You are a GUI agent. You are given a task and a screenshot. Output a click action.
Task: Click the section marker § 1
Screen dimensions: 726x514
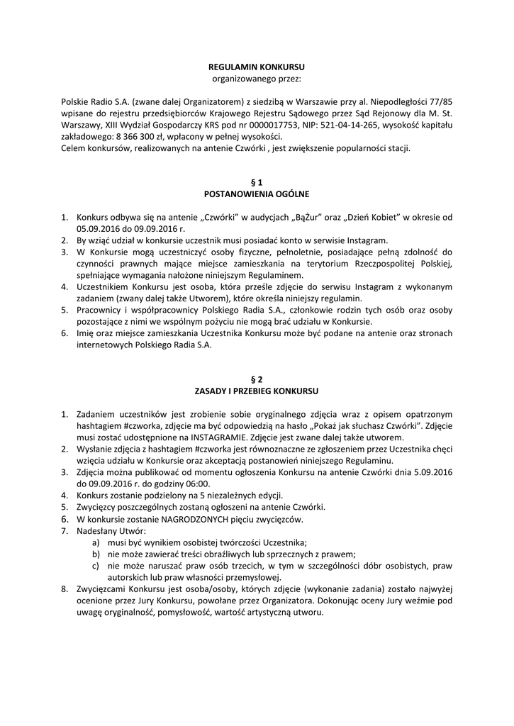(257, 181)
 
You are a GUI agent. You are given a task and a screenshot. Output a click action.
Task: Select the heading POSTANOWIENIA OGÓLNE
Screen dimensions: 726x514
(257, 193)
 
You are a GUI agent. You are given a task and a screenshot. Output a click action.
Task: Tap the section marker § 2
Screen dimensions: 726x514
(257, 379)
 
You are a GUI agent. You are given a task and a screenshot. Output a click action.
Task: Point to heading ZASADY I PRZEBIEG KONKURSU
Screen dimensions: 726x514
(257, 391)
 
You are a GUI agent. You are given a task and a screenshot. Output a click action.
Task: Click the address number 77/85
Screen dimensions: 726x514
(438, 101)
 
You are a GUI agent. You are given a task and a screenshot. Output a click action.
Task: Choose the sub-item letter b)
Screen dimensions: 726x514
(95, 554)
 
